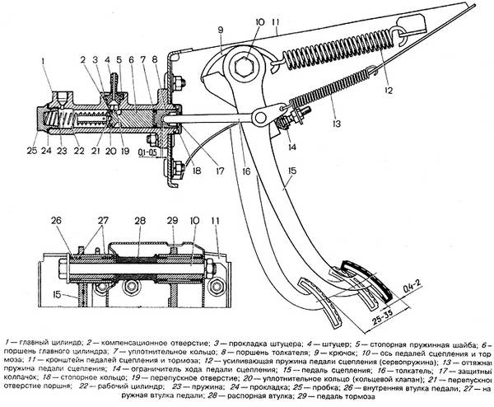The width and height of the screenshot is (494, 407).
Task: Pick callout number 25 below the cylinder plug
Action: (x=30, y=150)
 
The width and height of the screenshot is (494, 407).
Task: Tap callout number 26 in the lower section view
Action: (x=55, y=220)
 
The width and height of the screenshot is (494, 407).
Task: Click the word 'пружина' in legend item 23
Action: (x=205, y=385)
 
